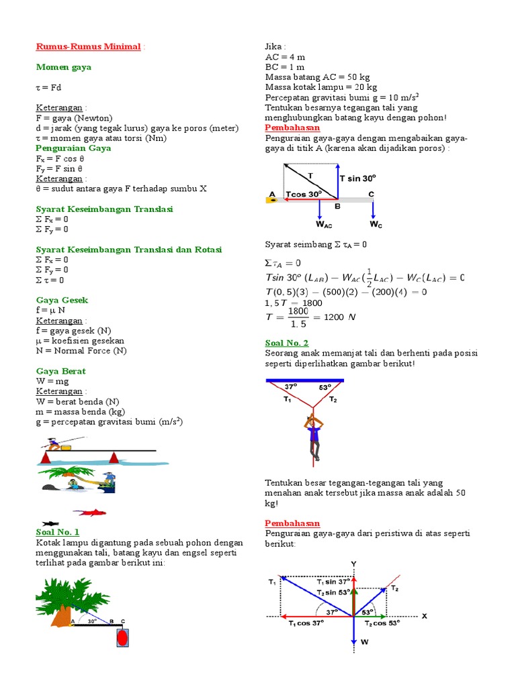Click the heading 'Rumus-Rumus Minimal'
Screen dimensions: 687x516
pos(88,47)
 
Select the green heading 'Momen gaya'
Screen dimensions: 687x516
pos(63,67)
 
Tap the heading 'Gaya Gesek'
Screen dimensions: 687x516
pos(62,300)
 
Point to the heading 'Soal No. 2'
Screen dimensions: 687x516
pos(287,343)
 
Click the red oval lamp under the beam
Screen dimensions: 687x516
pos(122,637)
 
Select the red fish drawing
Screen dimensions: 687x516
pos(89,512)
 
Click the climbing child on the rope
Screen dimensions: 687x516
pos(312,433)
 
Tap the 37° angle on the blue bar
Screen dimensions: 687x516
pos(290,386)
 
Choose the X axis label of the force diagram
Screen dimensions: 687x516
pos(424,616)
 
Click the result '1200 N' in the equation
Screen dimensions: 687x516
pos(339,317)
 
